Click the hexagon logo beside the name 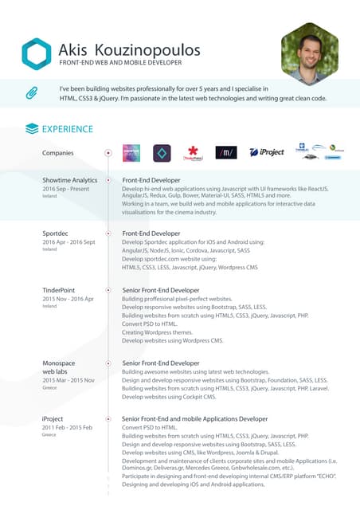click(37, 54)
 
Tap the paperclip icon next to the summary click(32, 93)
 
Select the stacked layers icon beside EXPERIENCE click(32, 128)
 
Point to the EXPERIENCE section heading click(67, 128)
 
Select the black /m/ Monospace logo click(226, 152)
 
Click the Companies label click(58, 152)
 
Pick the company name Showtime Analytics click(70, 181)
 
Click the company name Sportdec click(57, 233)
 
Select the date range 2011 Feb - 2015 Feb click(68, 427)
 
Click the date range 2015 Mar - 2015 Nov click(68, 381)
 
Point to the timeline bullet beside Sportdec click(108, 233)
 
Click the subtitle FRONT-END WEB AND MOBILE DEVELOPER click(121, 63)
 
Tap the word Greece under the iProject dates click(49, 435)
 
